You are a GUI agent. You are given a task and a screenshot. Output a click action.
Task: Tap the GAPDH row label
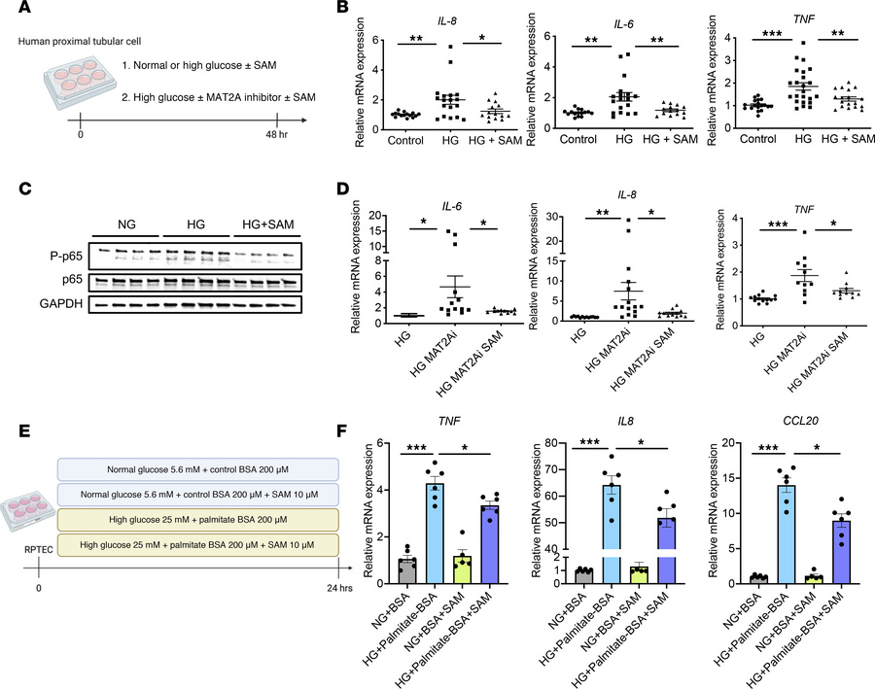click(x=59, y=302)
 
